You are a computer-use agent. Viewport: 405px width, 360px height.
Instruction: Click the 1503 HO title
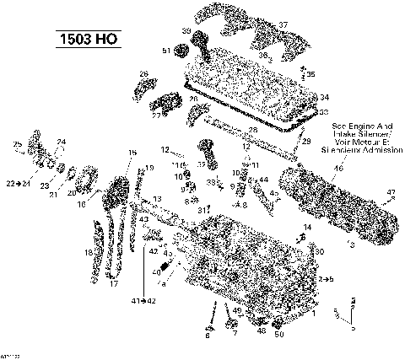click(x=87, y=38)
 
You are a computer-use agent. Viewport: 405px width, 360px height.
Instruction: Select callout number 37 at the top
click(x=283, y=24)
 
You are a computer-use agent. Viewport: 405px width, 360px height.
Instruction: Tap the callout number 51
click(x=167, y=51)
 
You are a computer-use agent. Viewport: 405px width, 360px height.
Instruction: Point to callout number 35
click(x=311, y=75)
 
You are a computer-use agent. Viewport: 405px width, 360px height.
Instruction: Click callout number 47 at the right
click(x=390, y=193)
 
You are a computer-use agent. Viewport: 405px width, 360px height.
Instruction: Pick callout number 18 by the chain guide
click(x=87, y=252)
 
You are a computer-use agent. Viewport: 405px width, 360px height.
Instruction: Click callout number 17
click(x=113, y=284)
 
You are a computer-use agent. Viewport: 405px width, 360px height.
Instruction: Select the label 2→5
click(x=327, y=277)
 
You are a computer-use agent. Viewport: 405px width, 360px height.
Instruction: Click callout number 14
click(x=307, y=228)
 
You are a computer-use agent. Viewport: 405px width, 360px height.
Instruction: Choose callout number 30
click(x=320, y=251)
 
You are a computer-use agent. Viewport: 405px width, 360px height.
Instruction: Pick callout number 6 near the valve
click(x=207, y=336)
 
